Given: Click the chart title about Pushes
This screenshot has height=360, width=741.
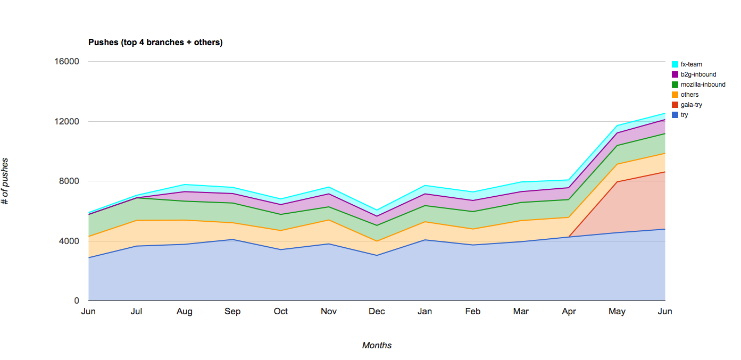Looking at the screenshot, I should click(155, 43).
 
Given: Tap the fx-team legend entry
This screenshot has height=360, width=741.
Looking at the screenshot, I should click(691, 64).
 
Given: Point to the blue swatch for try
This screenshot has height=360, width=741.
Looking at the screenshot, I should click(675, 115).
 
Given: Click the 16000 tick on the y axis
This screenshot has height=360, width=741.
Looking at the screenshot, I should click(67, 62).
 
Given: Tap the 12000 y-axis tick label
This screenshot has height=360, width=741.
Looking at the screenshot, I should click(67, 121).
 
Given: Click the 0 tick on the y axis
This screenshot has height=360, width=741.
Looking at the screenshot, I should click(76, 301).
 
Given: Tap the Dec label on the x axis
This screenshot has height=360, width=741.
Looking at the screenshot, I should click(377, 312).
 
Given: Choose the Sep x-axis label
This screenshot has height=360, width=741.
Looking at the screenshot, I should click(232, 312).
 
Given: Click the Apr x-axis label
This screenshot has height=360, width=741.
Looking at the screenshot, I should click(569, 312).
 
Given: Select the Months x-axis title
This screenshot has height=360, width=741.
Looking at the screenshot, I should click(377, 346).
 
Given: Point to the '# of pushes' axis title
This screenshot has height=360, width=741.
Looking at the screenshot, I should click(5, 181).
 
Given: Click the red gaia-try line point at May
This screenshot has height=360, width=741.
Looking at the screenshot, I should click(617, 182).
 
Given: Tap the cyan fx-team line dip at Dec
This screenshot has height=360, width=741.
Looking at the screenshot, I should click(377, 210).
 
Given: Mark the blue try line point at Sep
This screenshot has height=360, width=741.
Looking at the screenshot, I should click(232, 239).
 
